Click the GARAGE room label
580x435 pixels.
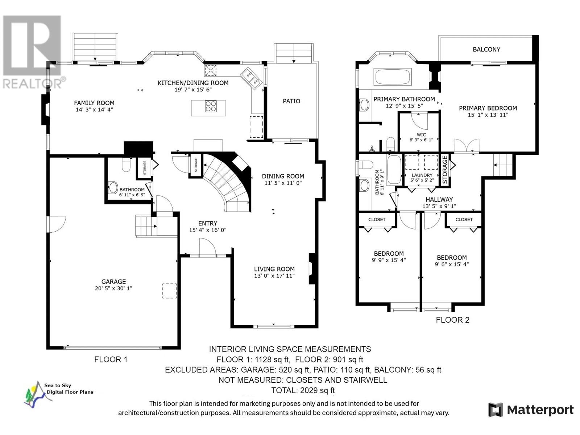113,282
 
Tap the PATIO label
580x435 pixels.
291,101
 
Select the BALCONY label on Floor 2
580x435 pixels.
486,49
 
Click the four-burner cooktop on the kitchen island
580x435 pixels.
211,106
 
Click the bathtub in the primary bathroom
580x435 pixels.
392,77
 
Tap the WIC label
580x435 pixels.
422,135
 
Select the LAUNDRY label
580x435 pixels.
422,175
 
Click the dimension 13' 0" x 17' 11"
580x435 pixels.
274,276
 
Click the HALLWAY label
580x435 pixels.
439,199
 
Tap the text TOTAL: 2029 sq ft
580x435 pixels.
303,390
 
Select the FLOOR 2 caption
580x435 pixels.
453,320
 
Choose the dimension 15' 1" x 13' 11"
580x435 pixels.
488,115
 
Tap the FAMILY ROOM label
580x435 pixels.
94,103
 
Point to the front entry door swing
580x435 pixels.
207,247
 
